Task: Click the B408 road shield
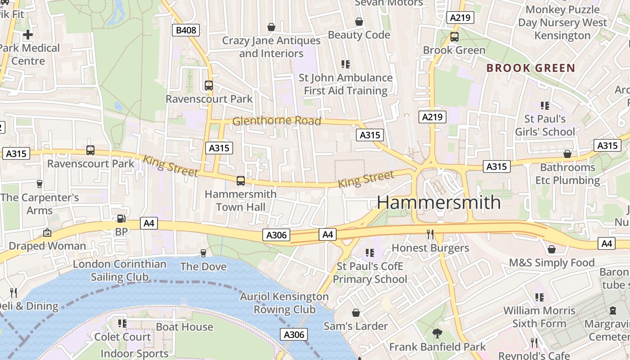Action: (185, 30)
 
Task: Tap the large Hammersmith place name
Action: (438, 202)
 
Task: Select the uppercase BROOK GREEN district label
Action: (531, 68)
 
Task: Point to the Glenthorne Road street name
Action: (276, 121)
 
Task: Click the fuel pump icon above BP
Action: (121, 219)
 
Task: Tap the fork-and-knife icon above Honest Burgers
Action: (430, 234)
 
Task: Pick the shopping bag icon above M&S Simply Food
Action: (552, 249)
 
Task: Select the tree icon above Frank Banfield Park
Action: (437, 333)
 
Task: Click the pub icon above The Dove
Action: (203, 253)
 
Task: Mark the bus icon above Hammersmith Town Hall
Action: (241, 181)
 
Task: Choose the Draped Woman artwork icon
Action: (47, 233)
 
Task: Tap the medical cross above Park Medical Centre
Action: (28, 34)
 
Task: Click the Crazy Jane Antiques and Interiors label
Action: (271, 47)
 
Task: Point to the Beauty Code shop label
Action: (359, 35)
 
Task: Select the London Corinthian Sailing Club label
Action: (120, 270)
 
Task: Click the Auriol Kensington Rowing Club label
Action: (284, 303)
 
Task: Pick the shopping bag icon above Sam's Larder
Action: (356, 312)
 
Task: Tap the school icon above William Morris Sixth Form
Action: (539, 297)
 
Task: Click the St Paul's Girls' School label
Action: (545, 125)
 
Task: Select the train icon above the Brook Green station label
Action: (454, 37)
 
